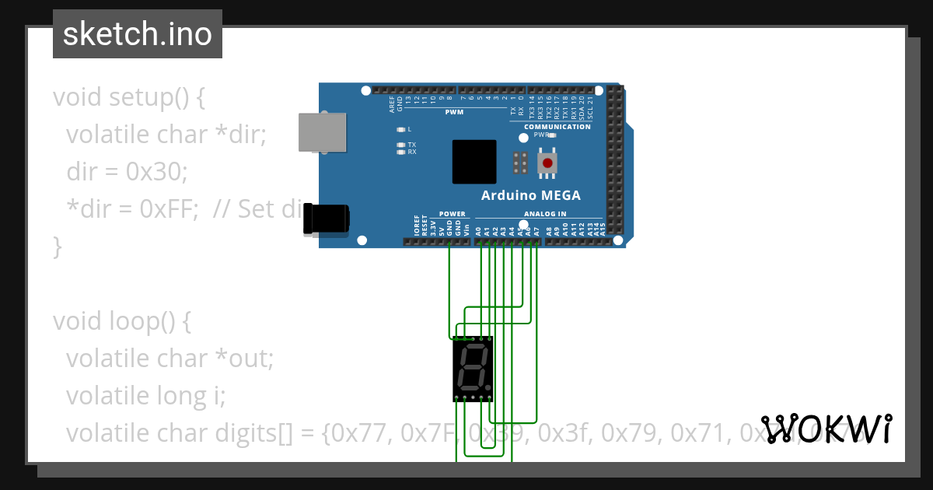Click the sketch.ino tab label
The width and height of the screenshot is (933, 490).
[x=138, y=34]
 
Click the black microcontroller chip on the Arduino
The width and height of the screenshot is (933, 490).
[x=473, y=162]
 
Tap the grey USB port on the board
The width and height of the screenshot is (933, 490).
[x=323, y=132]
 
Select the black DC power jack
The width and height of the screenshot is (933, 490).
[x=326, y=219]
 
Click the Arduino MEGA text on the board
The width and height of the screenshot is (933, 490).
[x=530, y=196]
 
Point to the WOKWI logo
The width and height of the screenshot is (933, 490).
[x=826, y=429]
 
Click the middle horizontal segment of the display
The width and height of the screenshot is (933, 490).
[x=473, y=367]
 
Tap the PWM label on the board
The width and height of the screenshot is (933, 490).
[x=454, y=113]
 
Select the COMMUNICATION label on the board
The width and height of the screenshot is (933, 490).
[x=557, y=127]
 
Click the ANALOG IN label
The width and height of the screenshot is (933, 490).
[x=545, y=214]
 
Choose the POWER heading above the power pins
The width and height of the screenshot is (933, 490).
[x=452, y=214]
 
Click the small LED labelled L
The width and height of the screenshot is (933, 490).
[x=401, y=129]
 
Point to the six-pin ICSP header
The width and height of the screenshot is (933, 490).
[x=520, y=163]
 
